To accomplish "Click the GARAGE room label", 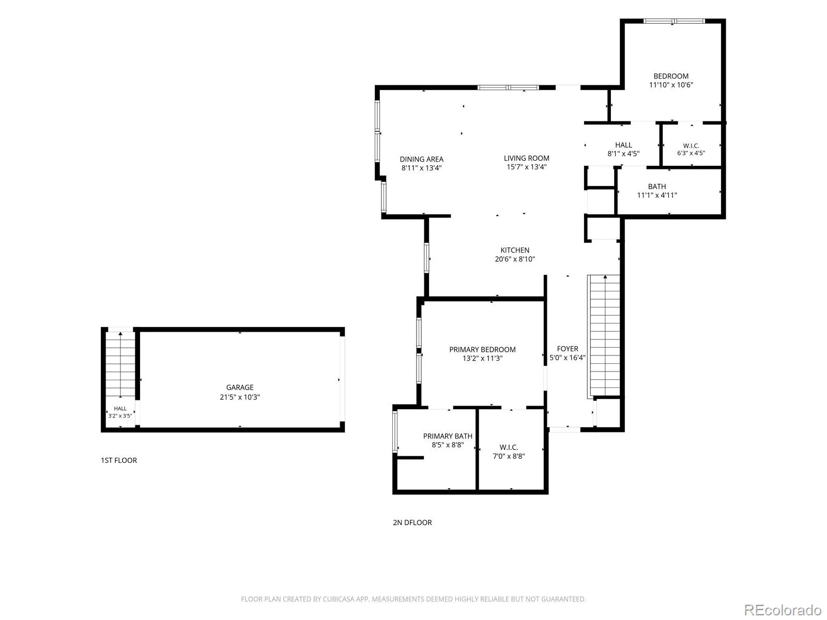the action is (x=240, y=388).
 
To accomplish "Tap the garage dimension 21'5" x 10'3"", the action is (x=240, y=397).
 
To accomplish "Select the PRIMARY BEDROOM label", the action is (x=482, y=349).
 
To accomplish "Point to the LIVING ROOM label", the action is (x=526, y=158).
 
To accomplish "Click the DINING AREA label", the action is (x=421, y=159).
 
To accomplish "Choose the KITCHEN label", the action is (x=515, y=250).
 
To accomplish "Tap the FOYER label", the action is (x=567, y=349).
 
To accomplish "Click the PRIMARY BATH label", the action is (x=447, y=436).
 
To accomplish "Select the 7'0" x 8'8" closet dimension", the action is (x=509, y=456).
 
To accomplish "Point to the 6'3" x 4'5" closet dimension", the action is (x=691, y=153).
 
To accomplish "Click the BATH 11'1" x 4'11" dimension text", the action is (x=657, y=195).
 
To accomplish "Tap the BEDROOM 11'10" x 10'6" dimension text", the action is (x=670, y=85).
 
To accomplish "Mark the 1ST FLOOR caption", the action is (x=119, y=460).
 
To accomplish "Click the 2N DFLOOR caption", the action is (x=412, y=522).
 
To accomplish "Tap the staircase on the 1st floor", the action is (x=120, y=364).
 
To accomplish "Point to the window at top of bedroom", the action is (x=673, y=21).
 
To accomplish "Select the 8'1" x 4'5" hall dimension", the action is (x=623, y=153).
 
